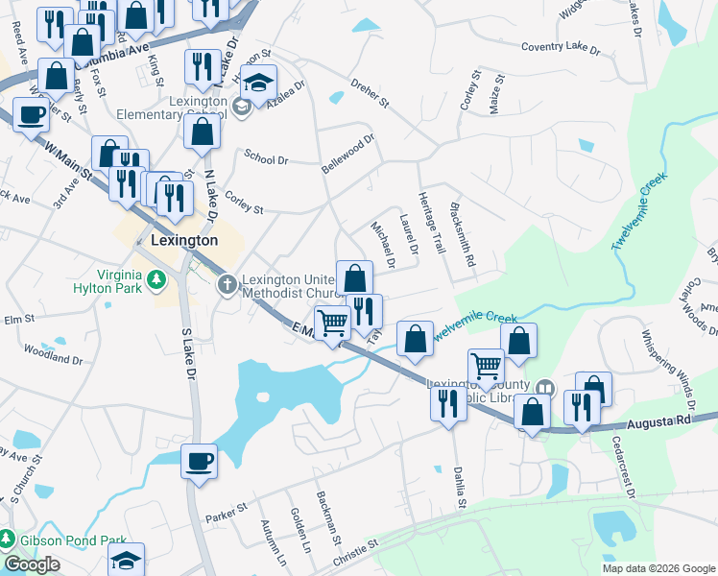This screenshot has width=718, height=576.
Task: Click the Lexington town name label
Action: coord(184,240)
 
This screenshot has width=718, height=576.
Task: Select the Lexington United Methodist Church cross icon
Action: coord(227,282)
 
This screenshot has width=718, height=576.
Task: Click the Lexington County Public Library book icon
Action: coord(545,388)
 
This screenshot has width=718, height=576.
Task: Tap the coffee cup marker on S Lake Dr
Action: coord(199,461)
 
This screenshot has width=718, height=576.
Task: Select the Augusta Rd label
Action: coord(660,422)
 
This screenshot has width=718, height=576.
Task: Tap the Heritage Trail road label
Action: coord(432,223)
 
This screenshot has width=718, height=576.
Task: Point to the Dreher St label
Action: coord(370,93)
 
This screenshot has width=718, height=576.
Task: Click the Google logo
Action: coord(32,564)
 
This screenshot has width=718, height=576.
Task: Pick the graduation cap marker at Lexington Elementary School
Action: coord(258,83)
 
